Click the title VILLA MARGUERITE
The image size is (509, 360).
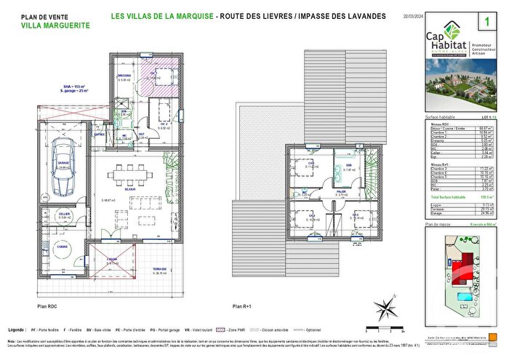[x=55, y=25]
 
